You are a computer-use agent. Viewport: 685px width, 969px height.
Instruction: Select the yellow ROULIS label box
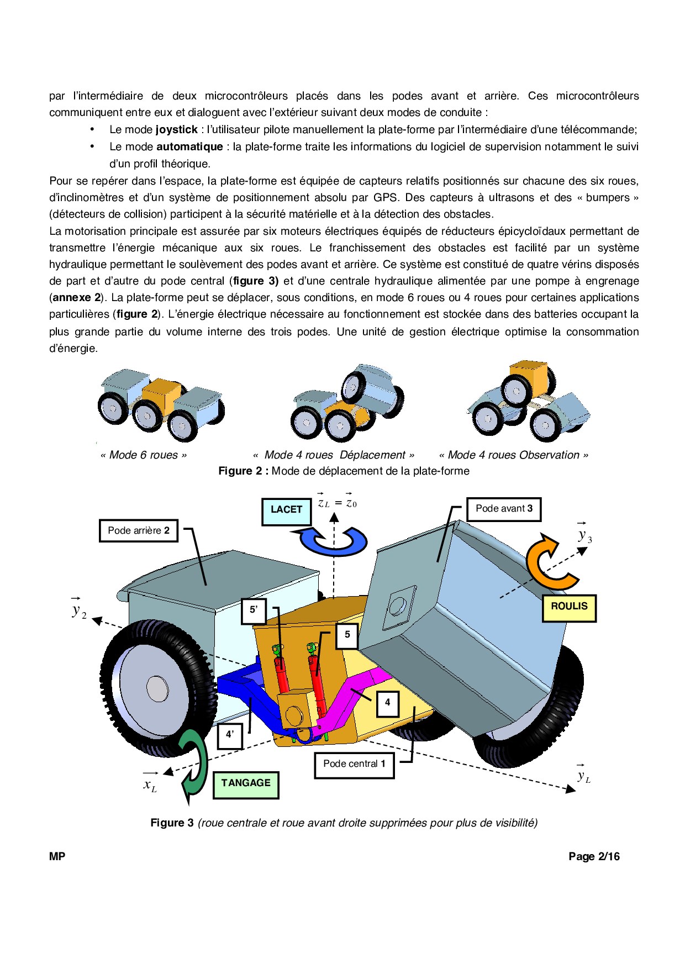(x=569, y=607)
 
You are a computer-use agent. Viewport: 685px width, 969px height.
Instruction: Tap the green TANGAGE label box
(x=246, y=784)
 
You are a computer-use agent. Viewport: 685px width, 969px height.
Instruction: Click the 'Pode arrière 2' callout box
(x=139, y=531)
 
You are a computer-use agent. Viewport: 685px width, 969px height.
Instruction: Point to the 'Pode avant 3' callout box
(x=504, y=509)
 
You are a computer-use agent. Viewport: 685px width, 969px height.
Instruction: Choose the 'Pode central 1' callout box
(x=354, y=765)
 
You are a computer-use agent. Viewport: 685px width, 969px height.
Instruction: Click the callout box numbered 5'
(x=254, y=610)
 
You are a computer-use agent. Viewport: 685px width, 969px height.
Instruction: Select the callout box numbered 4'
(x=230, y=735)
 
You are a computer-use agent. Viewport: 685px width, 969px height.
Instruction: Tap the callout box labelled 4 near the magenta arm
(x=387, y=703)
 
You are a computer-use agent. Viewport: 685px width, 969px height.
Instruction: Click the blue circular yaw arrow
(x=333, y=539)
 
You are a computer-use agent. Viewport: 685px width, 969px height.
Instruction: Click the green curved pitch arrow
(x=194, y=765)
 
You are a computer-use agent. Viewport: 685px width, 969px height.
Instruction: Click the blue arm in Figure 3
(x=243, y=691)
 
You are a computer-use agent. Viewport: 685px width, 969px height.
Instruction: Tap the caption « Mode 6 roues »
(x=144, y=455)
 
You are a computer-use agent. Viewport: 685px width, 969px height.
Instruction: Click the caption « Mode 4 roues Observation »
(x=513, y=455)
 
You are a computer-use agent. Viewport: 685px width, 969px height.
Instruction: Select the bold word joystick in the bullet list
(x=176, y=130)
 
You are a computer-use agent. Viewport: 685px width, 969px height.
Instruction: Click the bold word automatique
(x=189, y=147)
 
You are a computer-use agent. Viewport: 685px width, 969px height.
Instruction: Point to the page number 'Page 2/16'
(x=594, y=857)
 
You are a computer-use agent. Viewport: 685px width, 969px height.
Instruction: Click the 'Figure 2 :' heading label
(x=243, y=471)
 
